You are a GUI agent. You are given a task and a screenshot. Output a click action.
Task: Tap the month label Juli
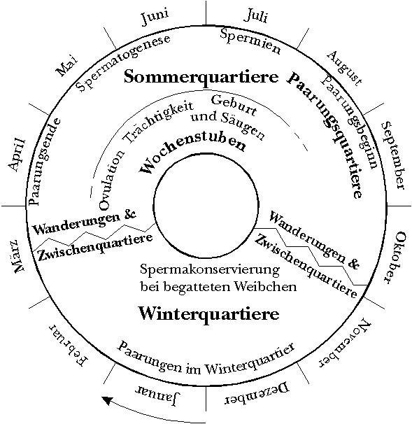(256, 15)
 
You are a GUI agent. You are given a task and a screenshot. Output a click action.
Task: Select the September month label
(394, 155)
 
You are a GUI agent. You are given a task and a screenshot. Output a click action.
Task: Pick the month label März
(18, 255)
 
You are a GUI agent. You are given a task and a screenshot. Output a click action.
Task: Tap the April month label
(17, 155)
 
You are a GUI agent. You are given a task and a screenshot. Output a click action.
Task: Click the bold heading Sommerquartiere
(201, 76)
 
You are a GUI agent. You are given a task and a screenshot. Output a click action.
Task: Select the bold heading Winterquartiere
(208, 313)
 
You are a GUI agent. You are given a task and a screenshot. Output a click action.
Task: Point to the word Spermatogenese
(123, 63)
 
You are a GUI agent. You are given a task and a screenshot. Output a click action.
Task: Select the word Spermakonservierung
(210, 270)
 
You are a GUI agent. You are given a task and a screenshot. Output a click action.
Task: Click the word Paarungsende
(43, 162)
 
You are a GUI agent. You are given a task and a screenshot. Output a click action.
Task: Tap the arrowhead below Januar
(107, 400)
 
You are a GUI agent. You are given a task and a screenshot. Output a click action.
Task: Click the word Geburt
(234, 106)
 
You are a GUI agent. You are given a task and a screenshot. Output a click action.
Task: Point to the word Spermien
(250, 41)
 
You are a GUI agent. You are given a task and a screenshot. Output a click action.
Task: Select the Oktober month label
(395, 257)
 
